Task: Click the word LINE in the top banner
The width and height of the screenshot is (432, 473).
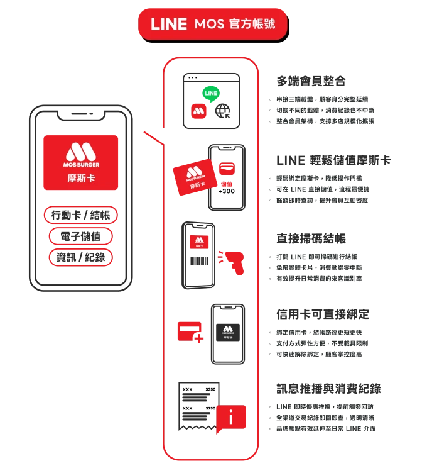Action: click(169, 24)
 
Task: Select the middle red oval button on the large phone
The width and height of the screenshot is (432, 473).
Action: click(81, 236)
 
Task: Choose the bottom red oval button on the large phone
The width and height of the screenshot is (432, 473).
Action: click(81, 257)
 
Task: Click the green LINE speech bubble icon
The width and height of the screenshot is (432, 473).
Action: click(212, 93)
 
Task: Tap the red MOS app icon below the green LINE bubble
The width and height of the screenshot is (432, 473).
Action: click(200, 112)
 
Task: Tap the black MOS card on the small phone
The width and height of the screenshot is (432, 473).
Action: click(227, 331)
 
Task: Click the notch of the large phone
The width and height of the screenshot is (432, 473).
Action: click(81, 116)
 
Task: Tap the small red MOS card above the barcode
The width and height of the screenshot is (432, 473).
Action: click(199, 240)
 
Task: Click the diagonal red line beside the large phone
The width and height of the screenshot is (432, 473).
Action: click(151, 140)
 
